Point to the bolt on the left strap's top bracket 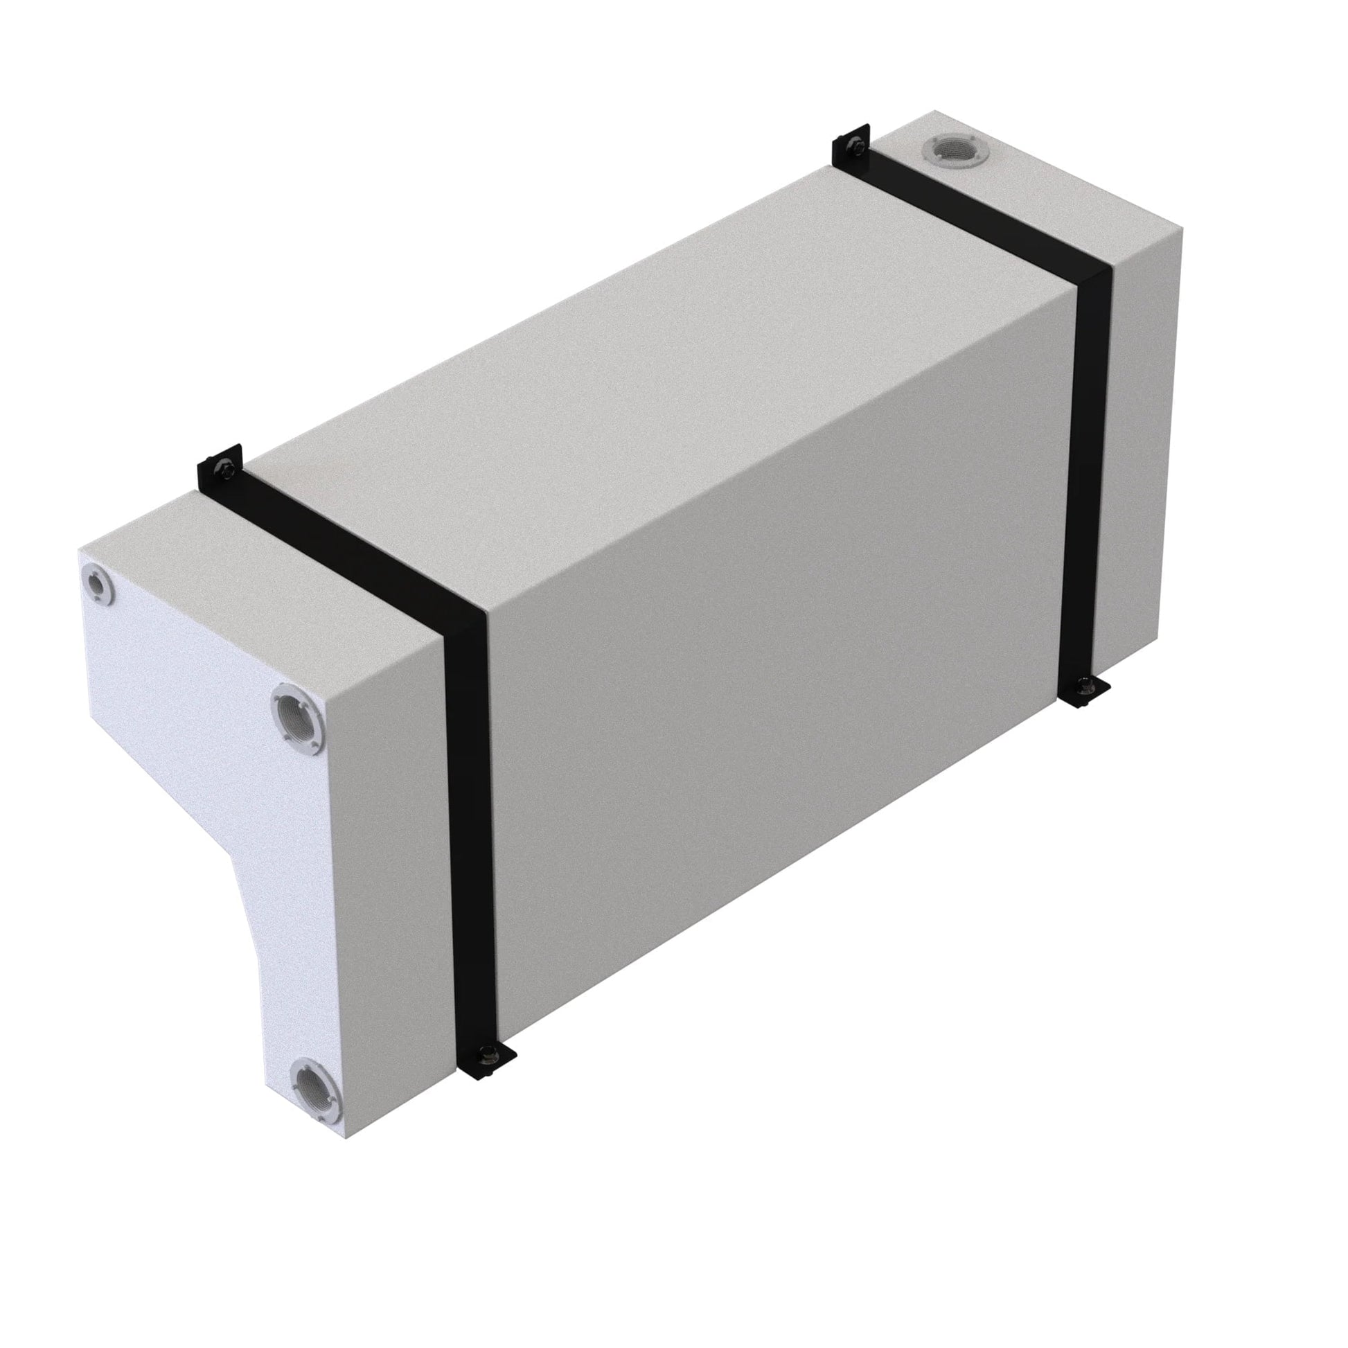click(224, 471)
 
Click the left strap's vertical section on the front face click(471, 837)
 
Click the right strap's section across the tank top click(977, 209)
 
